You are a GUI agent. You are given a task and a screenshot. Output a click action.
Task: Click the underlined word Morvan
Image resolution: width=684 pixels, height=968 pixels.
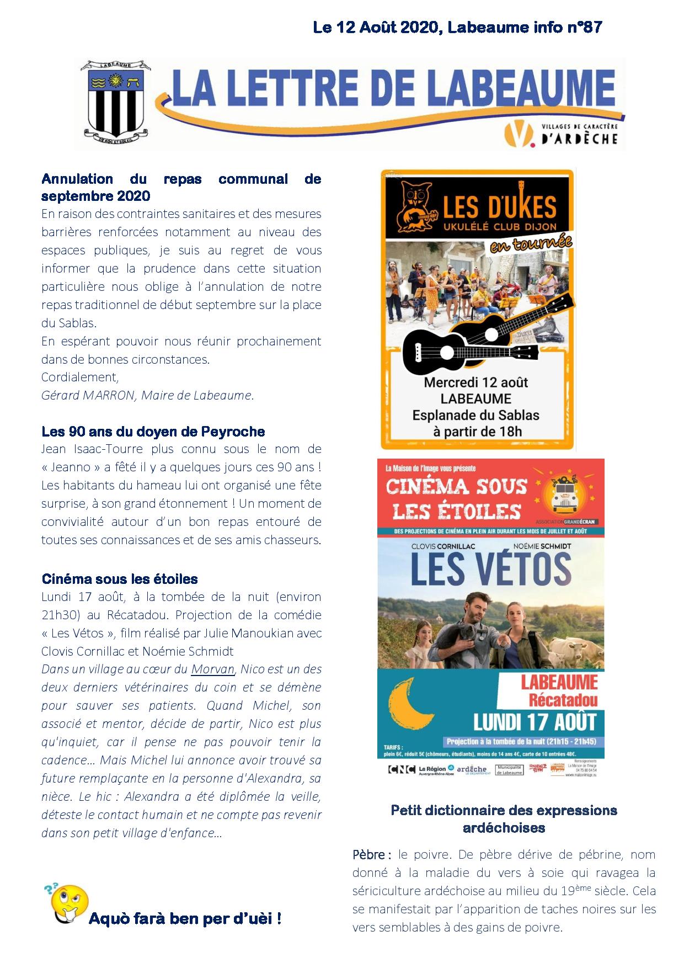[213, 669]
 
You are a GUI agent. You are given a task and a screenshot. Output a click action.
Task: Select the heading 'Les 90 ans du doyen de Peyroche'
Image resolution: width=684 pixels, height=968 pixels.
[153, 432]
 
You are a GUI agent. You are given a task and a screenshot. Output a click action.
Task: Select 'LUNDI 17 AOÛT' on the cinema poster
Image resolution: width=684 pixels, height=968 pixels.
[535, 721]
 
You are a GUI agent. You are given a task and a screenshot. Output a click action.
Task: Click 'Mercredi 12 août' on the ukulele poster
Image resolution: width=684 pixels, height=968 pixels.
[475, 382]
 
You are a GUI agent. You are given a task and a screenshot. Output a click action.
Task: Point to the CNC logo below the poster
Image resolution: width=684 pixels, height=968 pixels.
[401, 769]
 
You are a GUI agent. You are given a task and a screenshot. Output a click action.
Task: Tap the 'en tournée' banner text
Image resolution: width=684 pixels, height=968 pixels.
[531, 243]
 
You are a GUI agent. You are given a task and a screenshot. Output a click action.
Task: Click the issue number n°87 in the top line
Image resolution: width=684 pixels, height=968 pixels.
[584, 27]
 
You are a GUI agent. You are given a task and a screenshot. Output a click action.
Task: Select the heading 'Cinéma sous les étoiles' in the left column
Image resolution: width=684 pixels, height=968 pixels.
[120, 579]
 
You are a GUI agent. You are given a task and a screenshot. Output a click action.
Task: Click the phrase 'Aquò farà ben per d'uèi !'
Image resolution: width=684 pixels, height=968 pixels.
[185, 918]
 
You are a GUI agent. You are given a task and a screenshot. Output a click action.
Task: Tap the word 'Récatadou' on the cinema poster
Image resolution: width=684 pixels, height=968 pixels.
[563, 700]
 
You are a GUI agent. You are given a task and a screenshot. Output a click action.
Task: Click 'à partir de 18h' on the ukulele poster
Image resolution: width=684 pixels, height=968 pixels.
[477, 432]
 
